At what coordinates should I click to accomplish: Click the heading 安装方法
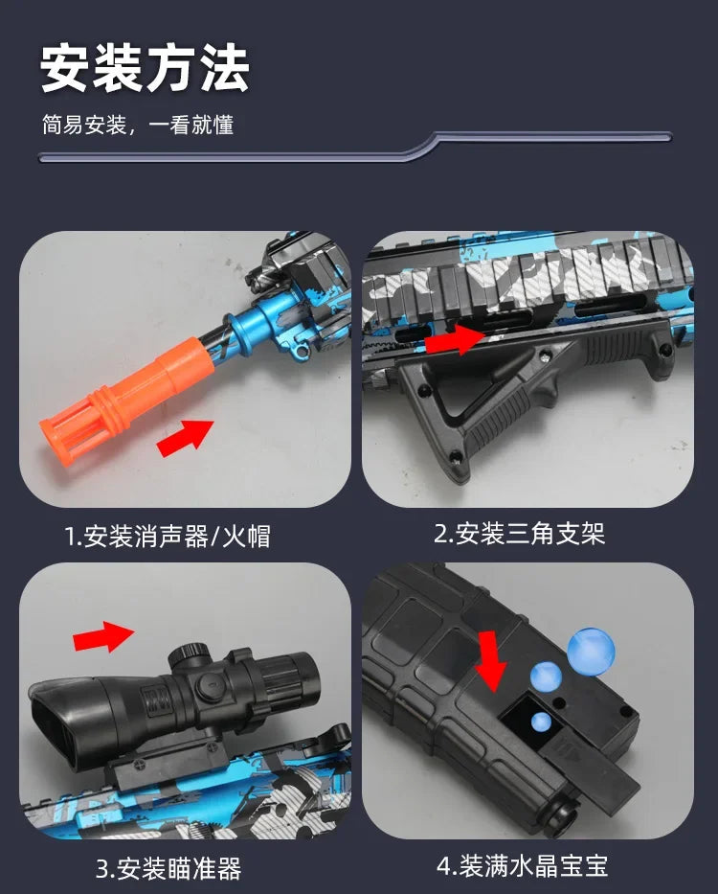(x=145, y=69)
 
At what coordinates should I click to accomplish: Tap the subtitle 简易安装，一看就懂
(x=137, y=126)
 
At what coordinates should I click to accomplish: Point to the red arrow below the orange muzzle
(x=184, y=438)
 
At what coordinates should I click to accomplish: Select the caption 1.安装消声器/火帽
(x=168, y=536)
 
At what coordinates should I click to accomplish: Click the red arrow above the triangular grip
(x=454, y=339)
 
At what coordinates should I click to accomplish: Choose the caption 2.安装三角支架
(x=519, y=534)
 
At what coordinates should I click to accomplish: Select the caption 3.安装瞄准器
(x=168, y=868)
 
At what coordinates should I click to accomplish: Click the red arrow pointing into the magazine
(x=491, y=661)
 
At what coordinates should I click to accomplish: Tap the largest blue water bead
(x=590, y=652)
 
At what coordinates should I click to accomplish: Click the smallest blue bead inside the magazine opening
(x=541, y=723)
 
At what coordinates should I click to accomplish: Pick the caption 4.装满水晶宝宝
(x=523, y=866)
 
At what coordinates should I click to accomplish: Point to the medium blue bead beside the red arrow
(x=546, y=676)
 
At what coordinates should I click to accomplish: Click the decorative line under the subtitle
(x=354, y=149)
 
